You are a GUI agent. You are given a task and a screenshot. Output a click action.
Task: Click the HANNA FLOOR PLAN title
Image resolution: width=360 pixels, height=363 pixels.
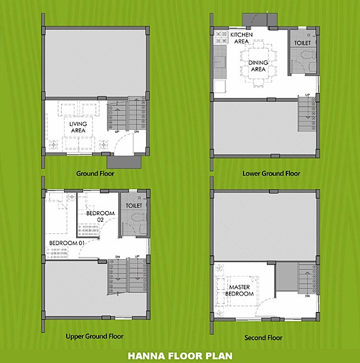(x=180, y=355)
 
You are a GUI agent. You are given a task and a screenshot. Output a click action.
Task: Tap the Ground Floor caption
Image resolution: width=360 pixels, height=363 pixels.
(x=95, y=173)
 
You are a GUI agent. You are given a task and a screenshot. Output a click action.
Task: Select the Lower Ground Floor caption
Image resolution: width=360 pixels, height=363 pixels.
(x=271, y=173)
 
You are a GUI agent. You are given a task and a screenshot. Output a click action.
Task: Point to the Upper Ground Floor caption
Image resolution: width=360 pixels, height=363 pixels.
(x=94, y=337)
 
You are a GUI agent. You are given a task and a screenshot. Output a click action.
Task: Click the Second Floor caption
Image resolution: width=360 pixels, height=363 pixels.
(x=265, y=338)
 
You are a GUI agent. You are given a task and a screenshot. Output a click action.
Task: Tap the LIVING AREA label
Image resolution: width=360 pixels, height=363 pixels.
(x=78, y=127)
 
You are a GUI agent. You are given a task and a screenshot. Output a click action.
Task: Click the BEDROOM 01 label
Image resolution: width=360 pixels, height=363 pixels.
(x=67, y=243)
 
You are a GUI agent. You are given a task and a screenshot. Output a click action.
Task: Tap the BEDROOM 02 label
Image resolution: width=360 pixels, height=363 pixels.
(x=100, y=216)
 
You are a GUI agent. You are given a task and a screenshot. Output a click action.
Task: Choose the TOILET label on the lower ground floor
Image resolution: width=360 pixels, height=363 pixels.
(x=302, y=42)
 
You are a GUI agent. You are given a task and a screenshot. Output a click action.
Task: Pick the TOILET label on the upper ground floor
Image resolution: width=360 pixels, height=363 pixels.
(x=134, y=205)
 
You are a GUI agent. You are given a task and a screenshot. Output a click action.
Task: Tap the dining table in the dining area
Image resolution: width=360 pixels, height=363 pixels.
(x=258, y=60)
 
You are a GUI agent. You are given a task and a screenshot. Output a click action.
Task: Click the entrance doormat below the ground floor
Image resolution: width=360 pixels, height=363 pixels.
(x=131, y=162)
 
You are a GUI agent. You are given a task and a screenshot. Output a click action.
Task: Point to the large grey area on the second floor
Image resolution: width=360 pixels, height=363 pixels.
(x=264, y=224)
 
